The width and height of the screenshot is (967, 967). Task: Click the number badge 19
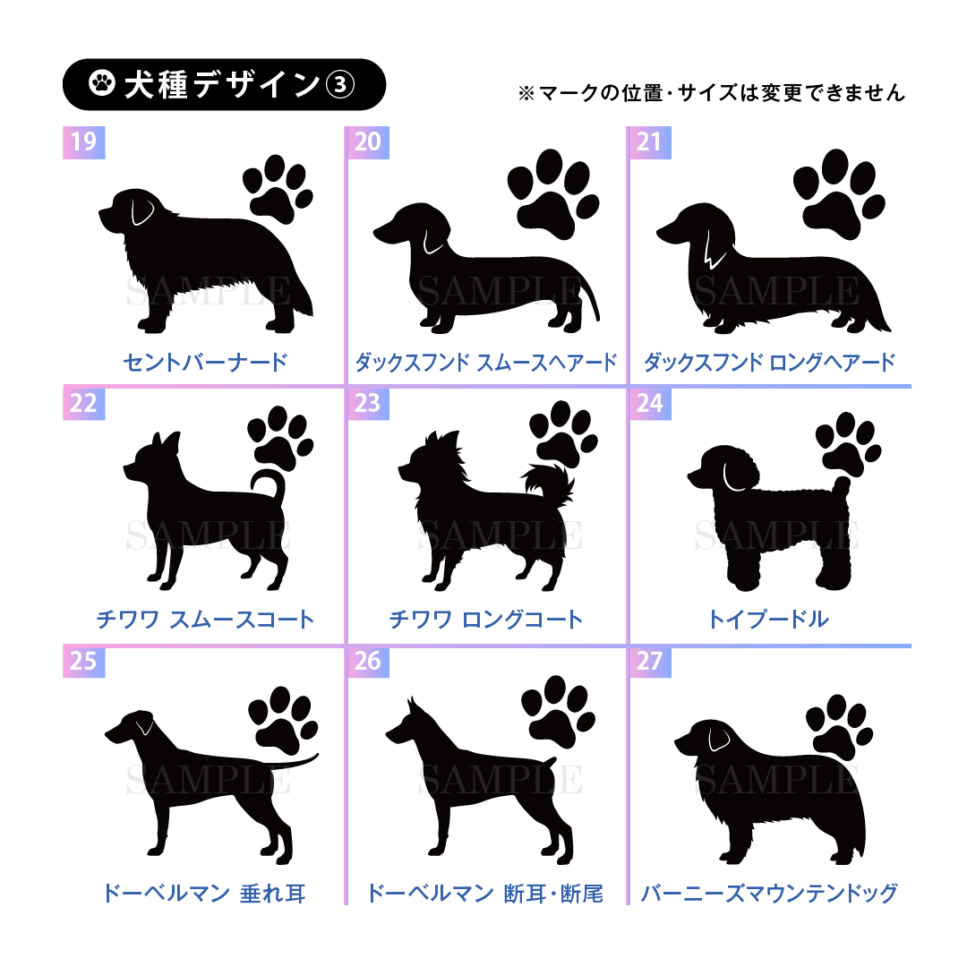click(84, 142)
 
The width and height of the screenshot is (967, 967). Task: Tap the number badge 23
click(368, 403)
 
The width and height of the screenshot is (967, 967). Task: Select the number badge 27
click(650, 661)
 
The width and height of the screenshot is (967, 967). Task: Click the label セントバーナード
click(205, 362)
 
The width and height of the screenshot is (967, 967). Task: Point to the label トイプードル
click(768, 619)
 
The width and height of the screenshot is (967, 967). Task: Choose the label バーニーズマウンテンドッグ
click(769, 893)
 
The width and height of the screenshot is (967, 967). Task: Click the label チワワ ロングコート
click(486, 620)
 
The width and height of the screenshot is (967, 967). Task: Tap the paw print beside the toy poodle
click(848, 445)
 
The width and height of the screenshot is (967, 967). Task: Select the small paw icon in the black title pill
click(102, 83)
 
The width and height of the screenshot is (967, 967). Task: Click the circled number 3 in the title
click(340, 84)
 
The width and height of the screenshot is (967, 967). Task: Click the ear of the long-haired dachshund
click(714, 249)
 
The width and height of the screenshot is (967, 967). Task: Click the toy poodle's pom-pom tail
click(841, 486)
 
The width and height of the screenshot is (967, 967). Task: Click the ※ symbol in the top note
click(526, 93)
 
